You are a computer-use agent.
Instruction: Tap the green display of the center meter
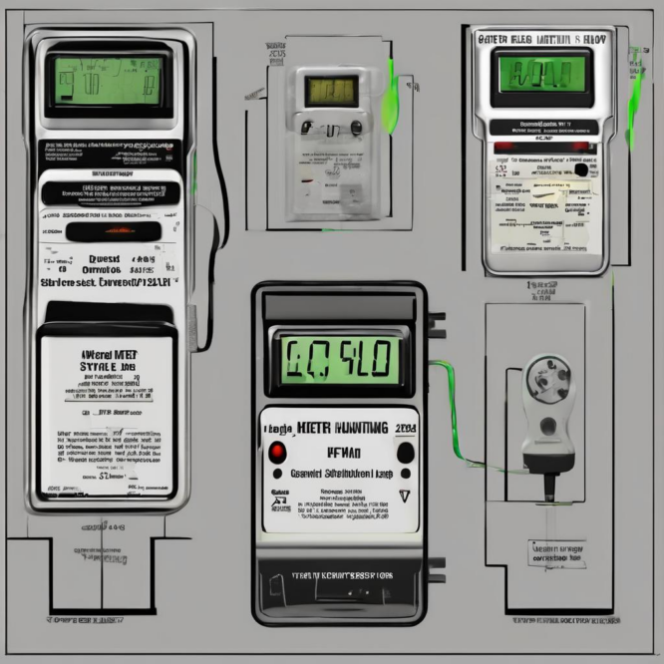click(x=338, y=357)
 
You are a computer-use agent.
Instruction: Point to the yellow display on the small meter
click(x=324, y=92)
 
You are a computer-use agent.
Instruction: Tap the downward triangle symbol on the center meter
click(x=404, y=497)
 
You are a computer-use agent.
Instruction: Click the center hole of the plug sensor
click(x=545, y=383)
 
